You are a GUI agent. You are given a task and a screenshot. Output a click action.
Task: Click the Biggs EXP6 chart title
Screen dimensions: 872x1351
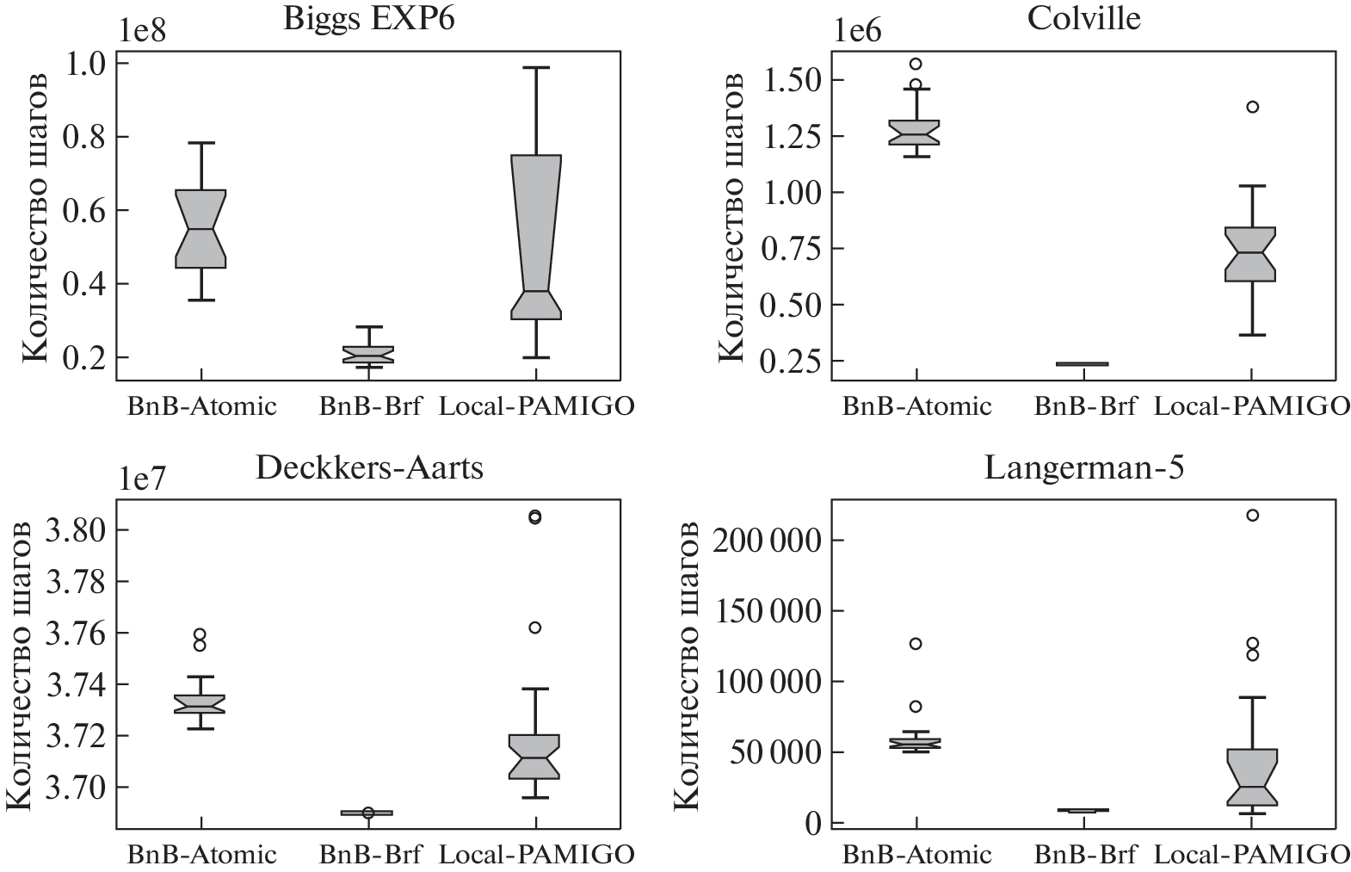pyautogui.click(x=368, y=18)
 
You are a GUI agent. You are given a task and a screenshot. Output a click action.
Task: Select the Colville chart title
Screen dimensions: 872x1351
pyautogui.click(x=1083, y=18)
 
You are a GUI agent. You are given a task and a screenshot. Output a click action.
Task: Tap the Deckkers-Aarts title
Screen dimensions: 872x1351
pyautogui.click(x=369, y=467)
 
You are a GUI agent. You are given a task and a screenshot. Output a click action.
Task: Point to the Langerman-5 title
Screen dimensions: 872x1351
pyautogui.click(x=1083, y=467)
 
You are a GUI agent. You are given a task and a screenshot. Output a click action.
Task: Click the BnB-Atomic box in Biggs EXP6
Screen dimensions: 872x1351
pyautogui.click(x=200, y=228)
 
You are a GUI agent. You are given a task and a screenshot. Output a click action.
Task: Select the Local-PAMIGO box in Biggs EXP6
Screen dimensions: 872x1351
pyautogui.click(x=536, y=237)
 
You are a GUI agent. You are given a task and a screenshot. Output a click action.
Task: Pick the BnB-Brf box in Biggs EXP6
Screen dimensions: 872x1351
pyautogui.click(x=368, y=355)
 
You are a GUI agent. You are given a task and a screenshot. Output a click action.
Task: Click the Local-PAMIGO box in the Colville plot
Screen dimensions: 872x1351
pyautogui.click(x=1251, y=254)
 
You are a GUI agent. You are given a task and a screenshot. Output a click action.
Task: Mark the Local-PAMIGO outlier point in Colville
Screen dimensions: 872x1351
pyautogui.click(x=1252, y=107)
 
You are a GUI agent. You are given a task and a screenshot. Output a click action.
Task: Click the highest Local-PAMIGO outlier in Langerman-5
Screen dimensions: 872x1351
pyautogui.click(x=1252, y=515)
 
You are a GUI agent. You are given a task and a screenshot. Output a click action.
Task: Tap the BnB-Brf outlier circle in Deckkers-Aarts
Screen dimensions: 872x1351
pyautogui.click(x=368, y=812)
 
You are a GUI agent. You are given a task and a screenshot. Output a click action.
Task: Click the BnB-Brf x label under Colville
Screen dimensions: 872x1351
pyautogui.click(x=1083, y=405)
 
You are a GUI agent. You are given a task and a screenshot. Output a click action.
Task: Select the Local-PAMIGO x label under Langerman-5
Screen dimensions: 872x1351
pyautogui.click(x=1251, y=855)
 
